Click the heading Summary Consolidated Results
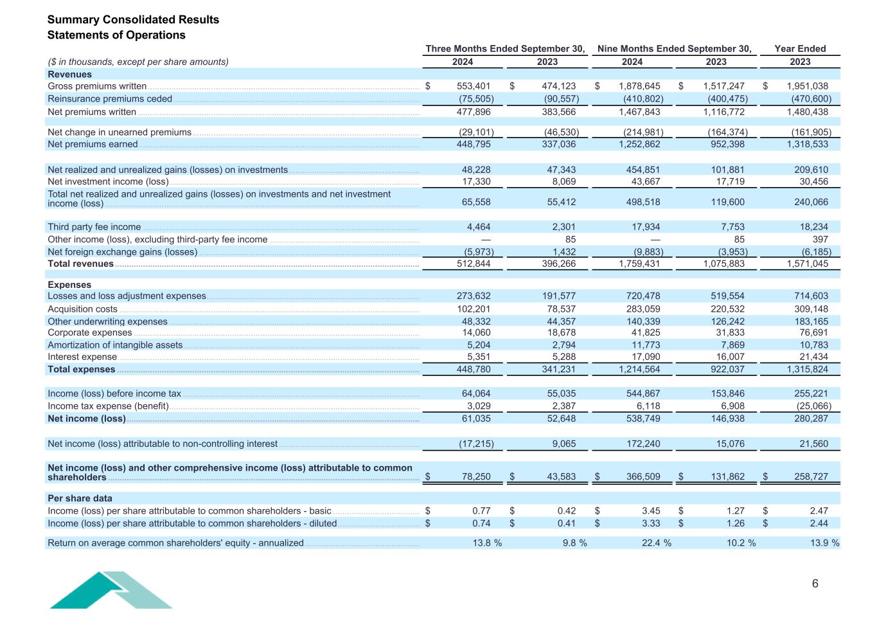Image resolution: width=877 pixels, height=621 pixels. click(133, 19)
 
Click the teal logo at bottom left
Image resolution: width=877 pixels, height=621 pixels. click(111, 590)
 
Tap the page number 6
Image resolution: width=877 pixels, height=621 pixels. click(815, 584)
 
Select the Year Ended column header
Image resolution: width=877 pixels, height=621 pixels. click(800, 49)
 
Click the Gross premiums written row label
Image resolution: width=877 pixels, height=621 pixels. click(97, 86)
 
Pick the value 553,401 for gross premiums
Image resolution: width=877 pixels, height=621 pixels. click(474, 86)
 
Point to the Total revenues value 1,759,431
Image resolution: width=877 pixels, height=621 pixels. click(639, 264)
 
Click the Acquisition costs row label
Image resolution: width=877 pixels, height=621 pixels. click(82, 309)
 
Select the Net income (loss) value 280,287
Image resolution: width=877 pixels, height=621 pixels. click(811, 419)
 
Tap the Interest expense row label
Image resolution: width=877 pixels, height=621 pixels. click(82, 357)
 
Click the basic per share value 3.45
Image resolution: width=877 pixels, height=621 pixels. click(651, 511)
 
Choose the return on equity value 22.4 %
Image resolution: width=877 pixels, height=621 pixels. click(656, 543)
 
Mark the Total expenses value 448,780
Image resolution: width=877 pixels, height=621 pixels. click(474, 370)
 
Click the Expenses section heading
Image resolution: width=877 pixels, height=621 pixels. click(69, 285)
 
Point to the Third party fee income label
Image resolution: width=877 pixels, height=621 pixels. click(94, 227)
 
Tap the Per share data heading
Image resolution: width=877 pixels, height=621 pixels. click(80, 498)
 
